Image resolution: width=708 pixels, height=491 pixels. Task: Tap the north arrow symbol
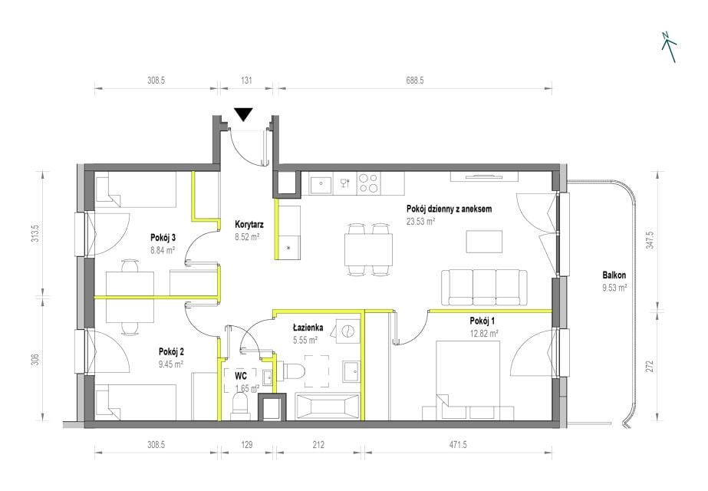(x=669, y=47)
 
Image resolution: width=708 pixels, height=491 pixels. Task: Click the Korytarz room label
(x=249, y=225)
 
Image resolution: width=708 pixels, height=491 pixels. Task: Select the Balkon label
(x=614, y=275)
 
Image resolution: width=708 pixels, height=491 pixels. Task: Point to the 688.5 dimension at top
(x=415, y=81)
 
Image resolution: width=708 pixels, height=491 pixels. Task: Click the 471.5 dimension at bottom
(x=458, y=445)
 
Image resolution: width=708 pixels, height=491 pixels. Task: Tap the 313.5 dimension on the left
(x=35, y=233)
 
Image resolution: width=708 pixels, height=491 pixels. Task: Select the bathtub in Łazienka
(x=328, y=405)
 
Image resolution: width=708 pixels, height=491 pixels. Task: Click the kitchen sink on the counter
(x=321, y=184)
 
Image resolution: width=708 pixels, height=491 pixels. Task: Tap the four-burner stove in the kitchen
(x=368, y=184)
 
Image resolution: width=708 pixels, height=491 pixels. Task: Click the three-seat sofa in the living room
(x=484, y=288)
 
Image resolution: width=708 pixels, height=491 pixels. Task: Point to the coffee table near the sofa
(x=485, y=242)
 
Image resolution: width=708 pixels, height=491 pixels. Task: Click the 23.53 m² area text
(x=421, y=222)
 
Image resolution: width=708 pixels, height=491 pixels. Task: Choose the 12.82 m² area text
(x=484, y=334)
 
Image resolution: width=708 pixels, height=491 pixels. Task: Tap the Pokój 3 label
(x=163, y=238)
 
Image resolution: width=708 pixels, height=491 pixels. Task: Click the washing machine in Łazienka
(x=346, y=331)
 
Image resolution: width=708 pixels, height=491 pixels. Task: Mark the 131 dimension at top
(x=246, y=81)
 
